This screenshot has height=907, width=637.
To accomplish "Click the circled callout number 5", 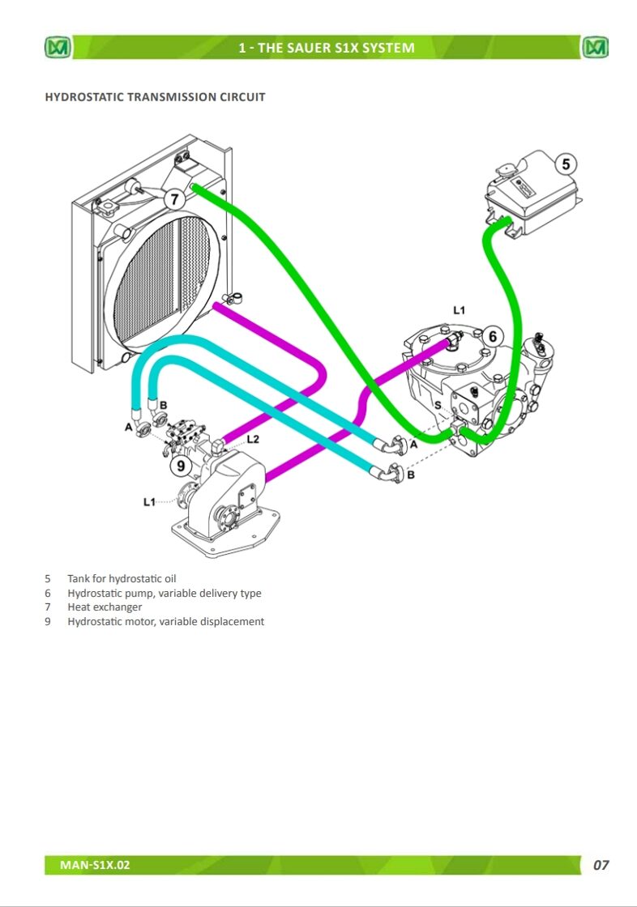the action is [x=566, y=164].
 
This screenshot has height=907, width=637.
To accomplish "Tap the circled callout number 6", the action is [x=492, y=336].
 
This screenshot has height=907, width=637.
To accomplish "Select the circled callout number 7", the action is [x=174, y=199].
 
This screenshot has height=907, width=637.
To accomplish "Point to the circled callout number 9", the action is [x=181, y=465].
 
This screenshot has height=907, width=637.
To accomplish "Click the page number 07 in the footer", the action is [x=601, y=865].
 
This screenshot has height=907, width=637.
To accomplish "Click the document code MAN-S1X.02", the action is [x=95, y=865].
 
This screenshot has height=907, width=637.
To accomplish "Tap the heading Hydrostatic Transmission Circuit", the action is [x=155, y=96].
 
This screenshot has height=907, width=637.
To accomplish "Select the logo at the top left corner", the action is [x=58, y=47].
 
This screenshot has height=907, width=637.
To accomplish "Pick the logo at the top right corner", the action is [x=596, y=47].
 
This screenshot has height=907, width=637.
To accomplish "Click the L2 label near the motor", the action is [x=253, y=439].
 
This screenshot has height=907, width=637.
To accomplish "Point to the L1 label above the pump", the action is [x=459, y=311].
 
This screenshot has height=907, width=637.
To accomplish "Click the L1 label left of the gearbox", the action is [x=149, y=501].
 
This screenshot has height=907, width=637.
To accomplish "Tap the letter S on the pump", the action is [x=438, y=405].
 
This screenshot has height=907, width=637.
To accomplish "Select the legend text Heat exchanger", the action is [x=105, y=607].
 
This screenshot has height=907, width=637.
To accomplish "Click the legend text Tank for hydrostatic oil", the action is [x=122, y=578].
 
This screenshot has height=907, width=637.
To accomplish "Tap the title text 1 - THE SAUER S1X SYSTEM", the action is [x=327, y=48].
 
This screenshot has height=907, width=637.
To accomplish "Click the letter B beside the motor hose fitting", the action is [x=164, y=405].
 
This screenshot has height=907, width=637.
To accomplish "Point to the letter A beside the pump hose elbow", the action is [x=413, y=445].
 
